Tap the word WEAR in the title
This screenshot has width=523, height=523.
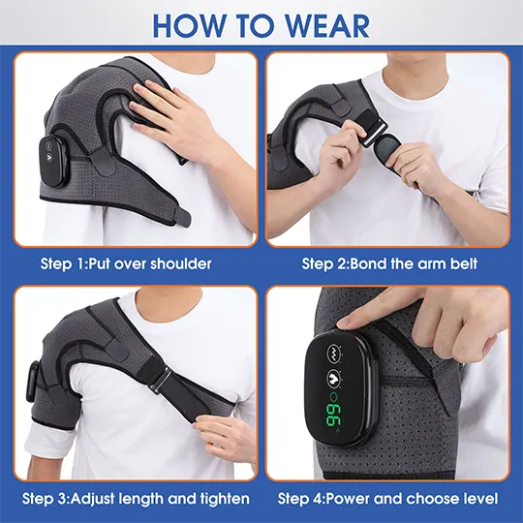tap(320, 25)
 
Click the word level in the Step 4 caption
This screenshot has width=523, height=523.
tap(478, 499)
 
